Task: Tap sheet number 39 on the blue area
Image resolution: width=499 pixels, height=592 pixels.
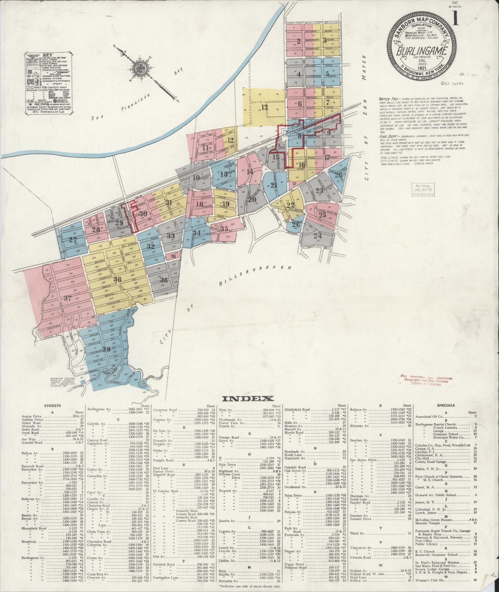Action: (x=106, y=350)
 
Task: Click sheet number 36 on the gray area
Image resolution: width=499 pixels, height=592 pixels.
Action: (x=164, y=280)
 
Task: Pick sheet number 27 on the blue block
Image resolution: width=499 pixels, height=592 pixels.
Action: (x=73, y=240)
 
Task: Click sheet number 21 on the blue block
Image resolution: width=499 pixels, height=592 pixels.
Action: (x=273, y=185)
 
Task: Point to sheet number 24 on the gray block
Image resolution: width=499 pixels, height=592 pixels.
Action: (x=318, y=236)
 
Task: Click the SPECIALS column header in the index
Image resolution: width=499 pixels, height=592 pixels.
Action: (x=445, y=405)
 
